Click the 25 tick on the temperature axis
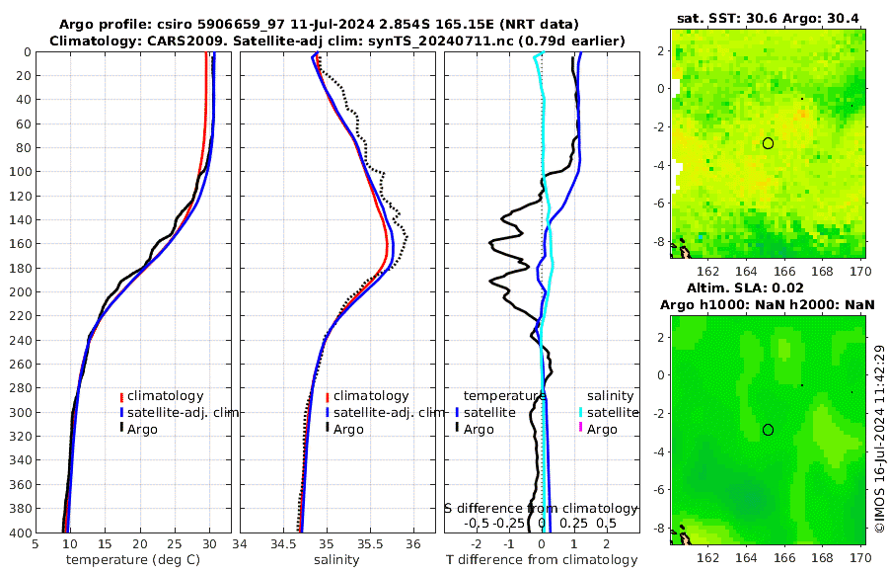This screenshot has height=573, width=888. [174, 543]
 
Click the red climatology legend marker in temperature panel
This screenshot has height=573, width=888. [121, 396]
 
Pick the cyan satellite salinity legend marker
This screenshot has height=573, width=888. [581, 412]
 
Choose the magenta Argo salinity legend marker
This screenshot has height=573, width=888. [581, 429]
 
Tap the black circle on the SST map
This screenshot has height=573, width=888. [768, 143]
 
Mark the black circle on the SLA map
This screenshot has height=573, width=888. [768, 430]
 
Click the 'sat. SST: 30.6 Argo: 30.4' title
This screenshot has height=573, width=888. [769, 18]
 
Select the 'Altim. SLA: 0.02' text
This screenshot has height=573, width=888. [769, 286]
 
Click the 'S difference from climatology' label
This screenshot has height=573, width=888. [542, 507]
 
